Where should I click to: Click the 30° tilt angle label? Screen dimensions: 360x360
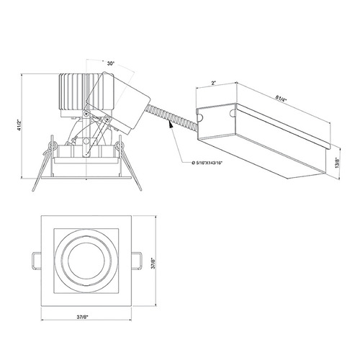point(110,63)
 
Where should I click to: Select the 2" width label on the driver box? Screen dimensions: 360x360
point(213,84)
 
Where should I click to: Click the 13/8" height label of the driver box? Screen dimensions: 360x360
point(338,162)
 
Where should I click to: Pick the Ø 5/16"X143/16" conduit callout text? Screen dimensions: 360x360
point(207,163)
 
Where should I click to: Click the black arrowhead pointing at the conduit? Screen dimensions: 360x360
point(171,125)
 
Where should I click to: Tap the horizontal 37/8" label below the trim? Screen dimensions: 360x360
point(83,317)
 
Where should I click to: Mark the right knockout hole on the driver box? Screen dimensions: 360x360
point(233,113)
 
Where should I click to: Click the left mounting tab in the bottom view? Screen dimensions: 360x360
point(37,261)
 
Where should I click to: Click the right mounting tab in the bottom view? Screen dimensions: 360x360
point(136,261)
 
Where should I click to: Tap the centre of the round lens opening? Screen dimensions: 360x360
point(86,261)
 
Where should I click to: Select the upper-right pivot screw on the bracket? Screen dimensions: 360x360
point(107,119)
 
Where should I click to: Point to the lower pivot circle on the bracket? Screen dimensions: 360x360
point(86,141)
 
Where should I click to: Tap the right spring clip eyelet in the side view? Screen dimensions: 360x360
point(120,145)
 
